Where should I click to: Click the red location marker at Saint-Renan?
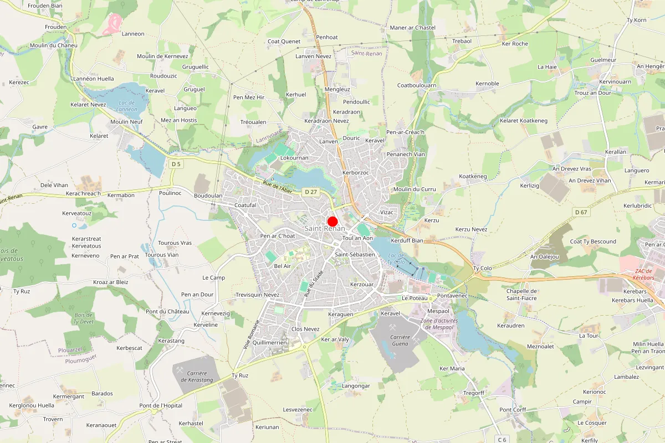click(x=332, y=220)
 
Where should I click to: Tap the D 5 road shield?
click(x=176, y=164)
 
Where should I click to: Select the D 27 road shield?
click(x=310, y=192)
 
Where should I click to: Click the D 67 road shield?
click(x=581, y=212)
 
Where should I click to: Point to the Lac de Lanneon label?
click(x=127, y=106)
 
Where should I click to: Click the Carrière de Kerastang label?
click(x=193, y=377)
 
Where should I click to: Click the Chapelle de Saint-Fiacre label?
click(x=521, y=295)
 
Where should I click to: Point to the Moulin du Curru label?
click(x=414, y=189)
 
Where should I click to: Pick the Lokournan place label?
click(x=294, y=158)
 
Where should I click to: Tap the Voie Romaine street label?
click(x=251, y=335)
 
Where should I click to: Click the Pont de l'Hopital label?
click(x=161, y=405)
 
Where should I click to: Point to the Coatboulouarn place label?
click(x=417, y=85)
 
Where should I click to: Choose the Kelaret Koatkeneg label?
click(x=524, y=120)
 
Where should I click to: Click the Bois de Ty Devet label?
click(x=83, y=318)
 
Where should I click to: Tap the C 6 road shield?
click(x=502, y=439)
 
